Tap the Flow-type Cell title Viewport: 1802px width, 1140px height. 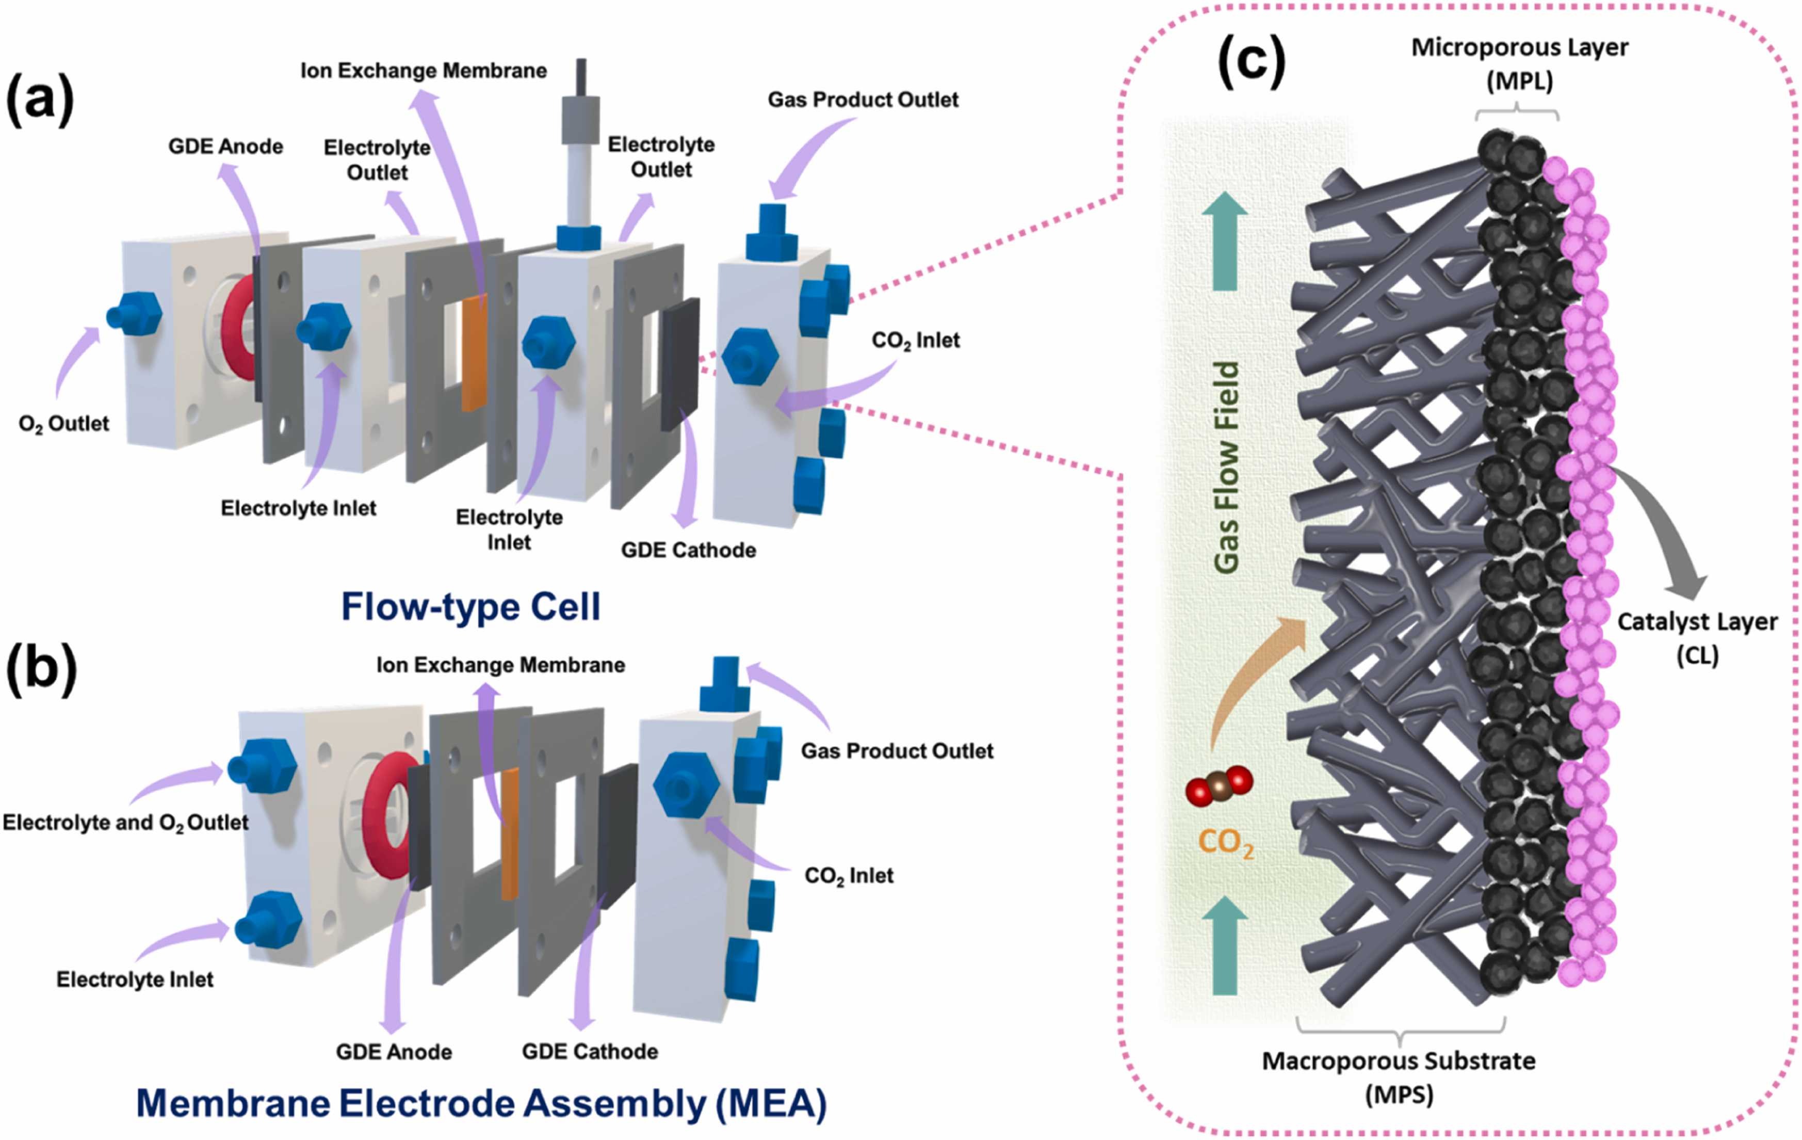point(470,606)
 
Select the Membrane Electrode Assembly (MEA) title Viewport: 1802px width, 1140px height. point(481,1103)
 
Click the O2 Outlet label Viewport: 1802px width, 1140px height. point(63,424)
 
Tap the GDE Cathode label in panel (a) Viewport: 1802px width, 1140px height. point(689,550)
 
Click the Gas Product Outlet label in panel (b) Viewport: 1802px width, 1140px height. point(897,751)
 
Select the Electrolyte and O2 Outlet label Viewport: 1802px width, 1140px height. point(125,823)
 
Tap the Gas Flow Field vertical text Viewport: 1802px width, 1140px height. point(1226,468)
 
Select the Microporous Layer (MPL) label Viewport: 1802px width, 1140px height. point(1519,63)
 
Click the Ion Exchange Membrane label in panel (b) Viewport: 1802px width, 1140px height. point(500,665)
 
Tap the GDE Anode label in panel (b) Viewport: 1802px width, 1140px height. point(394,1052)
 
